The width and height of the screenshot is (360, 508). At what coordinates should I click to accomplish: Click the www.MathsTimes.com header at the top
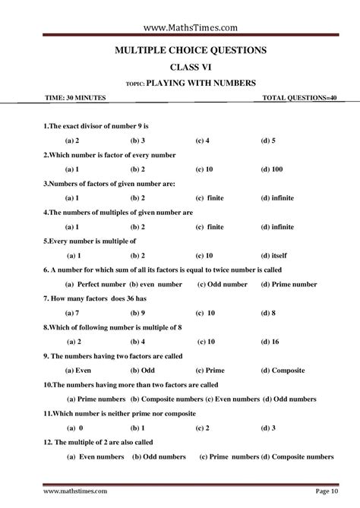point(180,27)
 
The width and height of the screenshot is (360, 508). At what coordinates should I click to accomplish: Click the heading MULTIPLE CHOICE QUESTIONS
point(179,50)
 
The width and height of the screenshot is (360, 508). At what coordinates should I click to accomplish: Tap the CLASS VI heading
point(179,67)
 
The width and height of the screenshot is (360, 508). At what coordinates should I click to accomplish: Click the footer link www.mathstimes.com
point(75,493)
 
